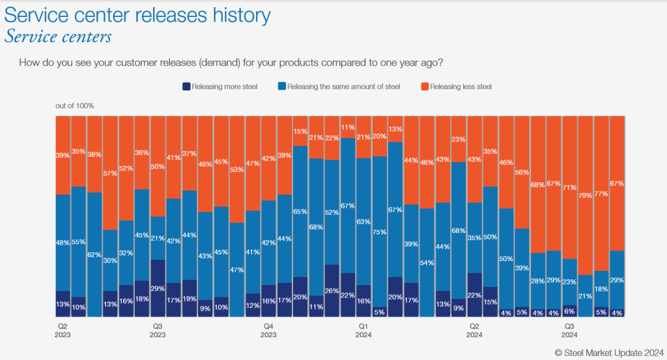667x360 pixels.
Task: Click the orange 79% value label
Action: pos(586,195)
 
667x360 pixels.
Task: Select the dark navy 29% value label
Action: pos(158,288)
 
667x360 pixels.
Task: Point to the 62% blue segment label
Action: pos(94,255)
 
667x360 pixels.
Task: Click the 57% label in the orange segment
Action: pos(110,173)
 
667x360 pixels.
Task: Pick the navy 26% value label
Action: pos(332,290)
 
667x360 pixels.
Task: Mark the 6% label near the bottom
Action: pos(570,311)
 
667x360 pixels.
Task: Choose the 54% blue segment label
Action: pos(427,262)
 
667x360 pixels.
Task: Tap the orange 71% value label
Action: pos(570,187)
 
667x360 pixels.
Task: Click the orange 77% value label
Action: pos(602,193)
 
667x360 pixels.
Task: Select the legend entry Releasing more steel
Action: pos(220,87)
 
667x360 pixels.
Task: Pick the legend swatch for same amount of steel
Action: pos(281,87)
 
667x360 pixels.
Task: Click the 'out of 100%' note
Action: pos(75,105)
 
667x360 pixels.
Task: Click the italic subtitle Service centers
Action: pos(58,36)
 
